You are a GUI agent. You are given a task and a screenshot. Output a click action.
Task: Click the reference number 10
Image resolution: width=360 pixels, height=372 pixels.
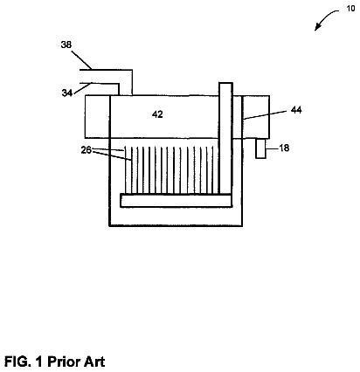point(350,9)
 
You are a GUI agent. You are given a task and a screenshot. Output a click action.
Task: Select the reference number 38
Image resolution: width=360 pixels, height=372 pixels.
point(66,45)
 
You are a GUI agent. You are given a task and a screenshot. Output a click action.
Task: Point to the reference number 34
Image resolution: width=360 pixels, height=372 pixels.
point(67,93)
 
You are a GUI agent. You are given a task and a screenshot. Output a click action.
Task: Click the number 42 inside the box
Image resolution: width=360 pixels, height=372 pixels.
point(157,114)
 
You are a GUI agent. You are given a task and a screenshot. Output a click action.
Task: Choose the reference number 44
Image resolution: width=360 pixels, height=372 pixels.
point(296,110)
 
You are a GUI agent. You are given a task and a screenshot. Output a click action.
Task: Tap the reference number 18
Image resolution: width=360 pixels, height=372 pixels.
point(284,148)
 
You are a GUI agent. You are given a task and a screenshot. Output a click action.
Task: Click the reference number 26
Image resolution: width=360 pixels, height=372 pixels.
point(86,150)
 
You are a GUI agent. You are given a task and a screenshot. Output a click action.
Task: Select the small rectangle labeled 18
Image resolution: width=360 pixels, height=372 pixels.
point(260,148)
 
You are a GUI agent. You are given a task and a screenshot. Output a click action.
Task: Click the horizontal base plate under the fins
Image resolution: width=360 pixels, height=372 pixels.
point(177,201)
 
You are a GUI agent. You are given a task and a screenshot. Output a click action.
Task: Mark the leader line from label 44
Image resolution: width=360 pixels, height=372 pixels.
point(267,114)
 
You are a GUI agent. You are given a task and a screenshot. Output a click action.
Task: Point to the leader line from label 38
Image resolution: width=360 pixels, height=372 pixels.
point(81,60)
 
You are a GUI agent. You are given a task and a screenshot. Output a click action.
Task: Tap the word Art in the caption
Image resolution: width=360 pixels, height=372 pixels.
point(94,362)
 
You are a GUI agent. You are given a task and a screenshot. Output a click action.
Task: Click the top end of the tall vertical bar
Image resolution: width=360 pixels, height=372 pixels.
point(225,83)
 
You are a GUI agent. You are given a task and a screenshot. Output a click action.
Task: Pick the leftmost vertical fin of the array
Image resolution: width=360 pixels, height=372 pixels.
point(126,170)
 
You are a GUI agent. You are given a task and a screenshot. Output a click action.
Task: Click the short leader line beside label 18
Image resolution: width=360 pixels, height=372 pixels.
point(272,148)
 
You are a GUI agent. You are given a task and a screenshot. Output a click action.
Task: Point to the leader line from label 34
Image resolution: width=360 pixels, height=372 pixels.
point(83,88)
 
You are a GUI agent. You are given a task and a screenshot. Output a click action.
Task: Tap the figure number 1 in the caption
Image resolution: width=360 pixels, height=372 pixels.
point(39,362)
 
